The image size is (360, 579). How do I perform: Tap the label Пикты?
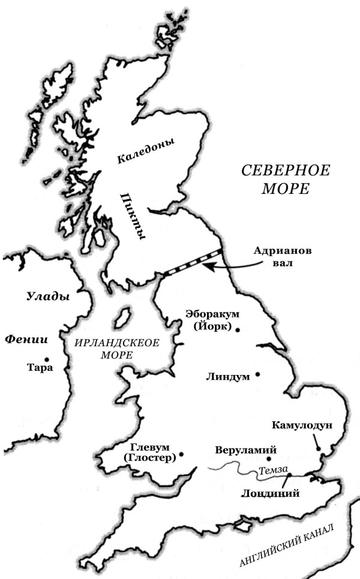133,217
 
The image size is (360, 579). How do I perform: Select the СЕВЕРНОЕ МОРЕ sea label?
286,179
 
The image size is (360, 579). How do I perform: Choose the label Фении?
26,339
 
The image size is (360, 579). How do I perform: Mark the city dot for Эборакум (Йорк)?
238,329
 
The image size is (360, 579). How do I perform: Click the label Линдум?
229,377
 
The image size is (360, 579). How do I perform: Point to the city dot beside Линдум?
258,374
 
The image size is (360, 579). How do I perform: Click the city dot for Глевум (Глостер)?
181,454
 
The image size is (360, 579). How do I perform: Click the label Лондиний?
269,494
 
